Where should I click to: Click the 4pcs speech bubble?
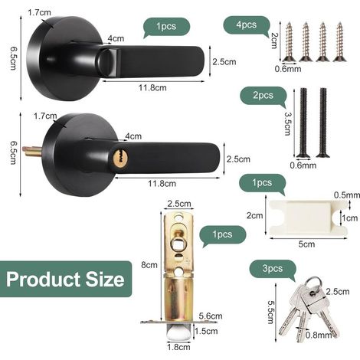tap(247, 25)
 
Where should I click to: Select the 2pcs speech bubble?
tap(263, 97)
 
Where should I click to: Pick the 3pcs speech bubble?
tap(273, 270)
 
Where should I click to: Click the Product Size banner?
tap(66, 279)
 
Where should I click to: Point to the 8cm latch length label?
tap(149, 265)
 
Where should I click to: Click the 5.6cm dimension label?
tap(211, 316)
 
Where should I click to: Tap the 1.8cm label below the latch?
tap(178, 347)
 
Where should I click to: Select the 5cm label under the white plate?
tap(306, 244)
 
